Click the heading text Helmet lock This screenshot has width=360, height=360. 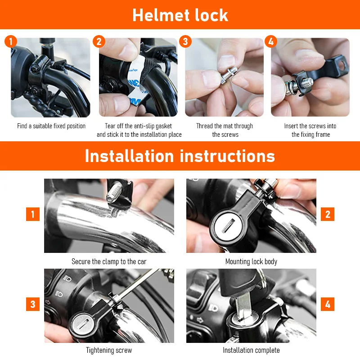coord(180,15)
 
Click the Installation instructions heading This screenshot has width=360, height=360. coord(180,156)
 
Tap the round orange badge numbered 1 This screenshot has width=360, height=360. coord(11,41)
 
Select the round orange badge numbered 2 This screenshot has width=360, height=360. coord(99,41)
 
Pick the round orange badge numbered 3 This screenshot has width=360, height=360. coord(185,41)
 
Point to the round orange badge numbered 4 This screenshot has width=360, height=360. coord(271,41)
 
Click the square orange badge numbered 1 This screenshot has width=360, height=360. coord(33,214)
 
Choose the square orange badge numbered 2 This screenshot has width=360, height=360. coord(328,214)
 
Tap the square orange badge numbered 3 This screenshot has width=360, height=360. coord(33,304)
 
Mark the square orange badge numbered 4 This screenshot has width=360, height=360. coord(328,304)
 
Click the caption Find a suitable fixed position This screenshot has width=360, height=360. coord(51,126)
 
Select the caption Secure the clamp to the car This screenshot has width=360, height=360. coord(109,261)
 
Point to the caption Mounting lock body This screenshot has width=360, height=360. coord(251,261)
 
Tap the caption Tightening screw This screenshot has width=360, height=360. coord(109,351)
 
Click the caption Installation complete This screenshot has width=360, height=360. coord(251,351)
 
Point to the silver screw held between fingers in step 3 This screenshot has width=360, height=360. coord(229,75)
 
